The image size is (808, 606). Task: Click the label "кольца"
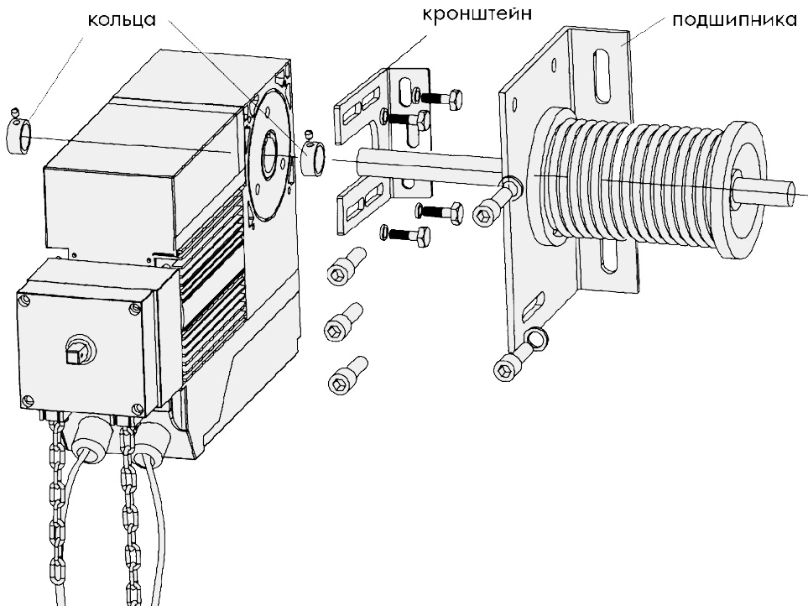[123, 21]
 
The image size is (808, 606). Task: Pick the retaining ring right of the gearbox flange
[312, 159]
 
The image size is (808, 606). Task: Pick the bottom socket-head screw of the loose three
[345, 374]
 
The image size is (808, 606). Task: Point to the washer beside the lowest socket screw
[534, 339]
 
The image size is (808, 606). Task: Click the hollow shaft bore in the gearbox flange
[271, 154]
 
